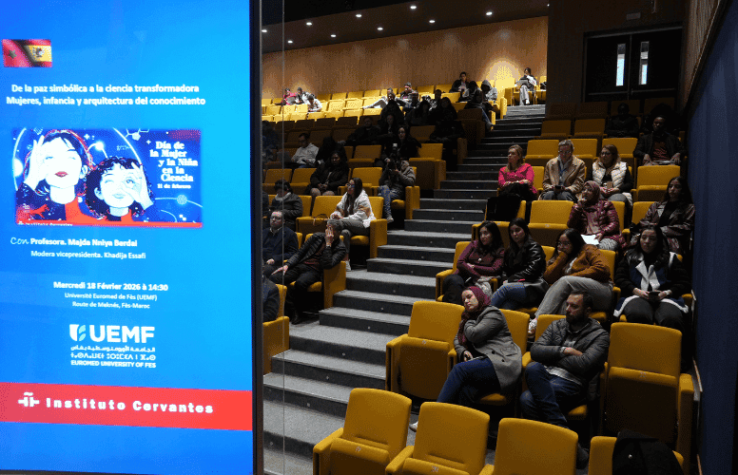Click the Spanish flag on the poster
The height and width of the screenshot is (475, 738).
[27, 53]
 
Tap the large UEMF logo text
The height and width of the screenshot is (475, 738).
[112, 333]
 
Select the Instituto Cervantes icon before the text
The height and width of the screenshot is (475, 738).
[29, 401]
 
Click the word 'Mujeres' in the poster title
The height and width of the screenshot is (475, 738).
[29, 101]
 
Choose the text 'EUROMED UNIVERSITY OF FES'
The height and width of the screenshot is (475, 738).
[113, 363]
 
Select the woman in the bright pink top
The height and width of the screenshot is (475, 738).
[515, 180]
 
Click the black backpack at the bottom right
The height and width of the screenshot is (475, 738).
[646, 454]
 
